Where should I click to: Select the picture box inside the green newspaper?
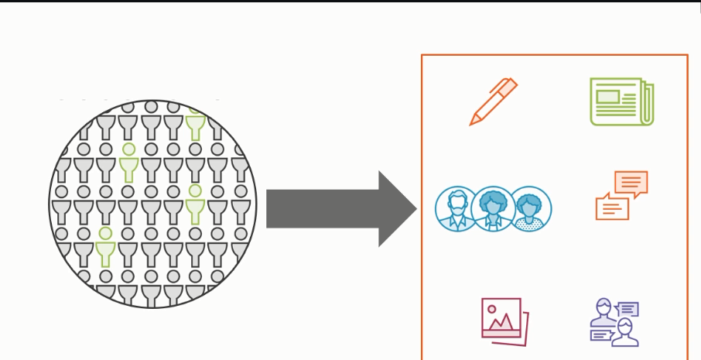[x=607, y=97]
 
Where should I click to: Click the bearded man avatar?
[x=457, y=209]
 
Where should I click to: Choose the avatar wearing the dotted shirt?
[x=530, y=209]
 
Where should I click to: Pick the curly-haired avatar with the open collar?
[x=493, y=209]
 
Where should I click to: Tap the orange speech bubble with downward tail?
[x=630, y=183]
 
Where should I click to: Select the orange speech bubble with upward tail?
[x=610, y=207]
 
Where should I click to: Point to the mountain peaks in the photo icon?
[x=503, y=321]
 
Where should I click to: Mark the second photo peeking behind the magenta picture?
[x=525, y=329]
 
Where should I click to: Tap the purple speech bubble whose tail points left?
[x=627, y=309]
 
